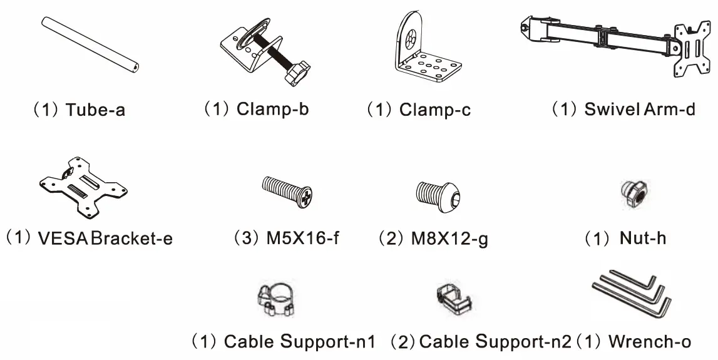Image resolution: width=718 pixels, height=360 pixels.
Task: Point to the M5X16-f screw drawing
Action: pyautogui.click(x=285, y=190)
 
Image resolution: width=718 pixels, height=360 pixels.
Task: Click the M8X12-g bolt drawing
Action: pyautogui.click(x=441, y=195)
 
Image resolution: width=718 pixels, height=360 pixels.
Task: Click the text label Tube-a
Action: pyautogui.click(x=95, y=110)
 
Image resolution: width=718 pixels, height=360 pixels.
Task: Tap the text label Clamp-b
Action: pyautogui.click(x=272, y=109)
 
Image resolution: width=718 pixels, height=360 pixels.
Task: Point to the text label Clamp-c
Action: pyautogui.click(x=435, y=110)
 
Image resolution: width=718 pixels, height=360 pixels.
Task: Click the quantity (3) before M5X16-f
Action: pyautogui.click(x=243, y=238)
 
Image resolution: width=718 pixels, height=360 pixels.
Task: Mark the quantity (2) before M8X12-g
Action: pyautogui.click(x=389, y=238)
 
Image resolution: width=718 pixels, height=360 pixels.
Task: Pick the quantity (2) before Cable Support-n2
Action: pyautogui.click(x=403, y=342)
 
